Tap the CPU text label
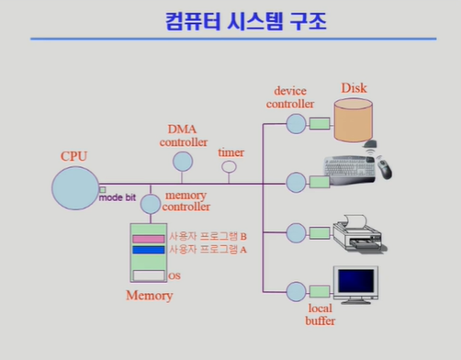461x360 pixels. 73,156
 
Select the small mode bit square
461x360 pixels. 103,189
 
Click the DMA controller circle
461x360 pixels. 183,161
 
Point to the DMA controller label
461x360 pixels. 183,136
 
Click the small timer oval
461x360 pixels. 229,167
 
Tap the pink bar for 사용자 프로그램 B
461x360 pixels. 149,238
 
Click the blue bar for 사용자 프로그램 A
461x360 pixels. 149,249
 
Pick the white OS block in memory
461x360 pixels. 149,275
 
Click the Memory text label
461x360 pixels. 149,296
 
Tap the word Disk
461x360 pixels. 354,88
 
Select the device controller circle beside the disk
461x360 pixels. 296,123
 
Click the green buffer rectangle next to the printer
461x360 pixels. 320,231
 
